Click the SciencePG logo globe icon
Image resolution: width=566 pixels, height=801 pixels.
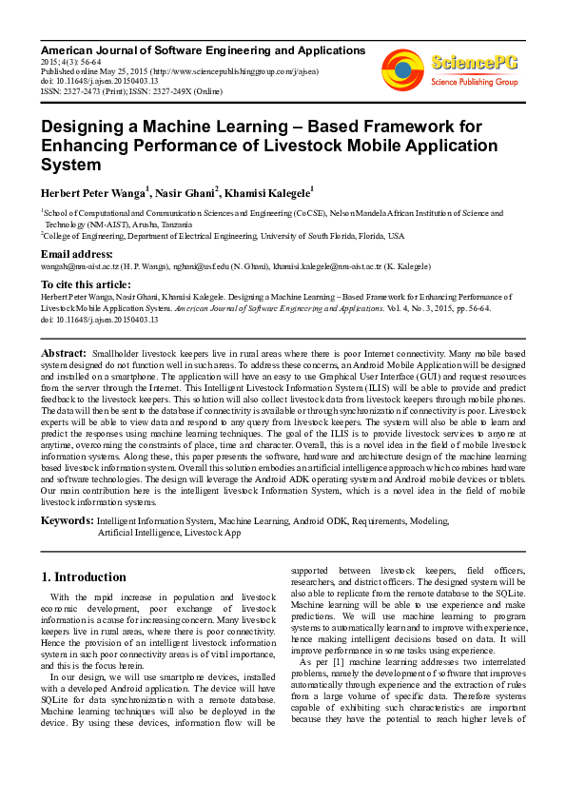click(402, 67)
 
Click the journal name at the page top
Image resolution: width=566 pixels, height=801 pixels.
click(203, 49)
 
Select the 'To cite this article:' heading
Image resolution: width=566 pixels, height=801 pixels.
click(88, 284)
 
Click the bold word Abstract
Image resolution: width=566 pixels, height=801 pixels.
click(64, 353)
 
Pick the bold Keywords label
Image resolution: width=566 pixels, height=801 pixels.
click(66, 521)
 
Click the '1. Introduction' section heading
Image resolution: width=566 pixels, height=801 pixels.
click(85, 576)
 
